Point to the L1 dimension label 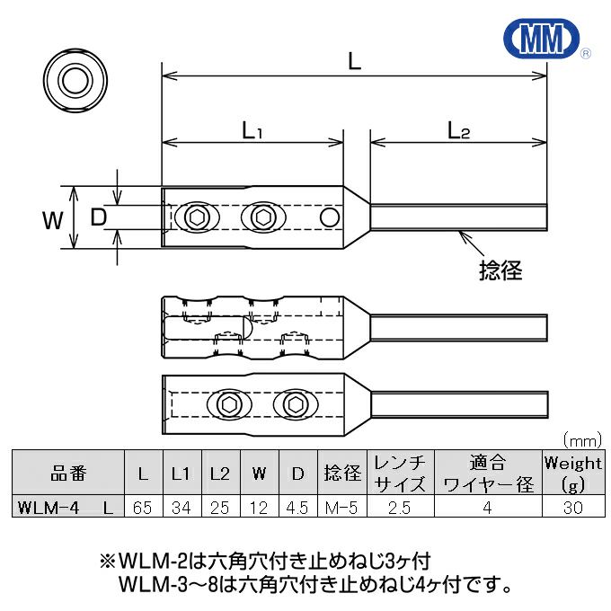tap(252, 130)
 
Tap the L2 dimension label tap(458, 130)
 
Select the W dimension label tap(53, 218)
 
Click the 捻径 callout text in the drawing tap(500, 269)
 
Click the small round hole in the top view tap(330, 217)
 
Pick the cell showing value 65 tap(142, 508)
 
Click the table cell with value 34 tap(181, 508)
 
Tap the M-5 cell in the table tap(341, 508)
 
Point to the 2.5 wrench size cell tap(399, 508)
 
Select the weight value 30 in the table tap(572, 508)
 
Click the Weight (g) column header tap(572, 474)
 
